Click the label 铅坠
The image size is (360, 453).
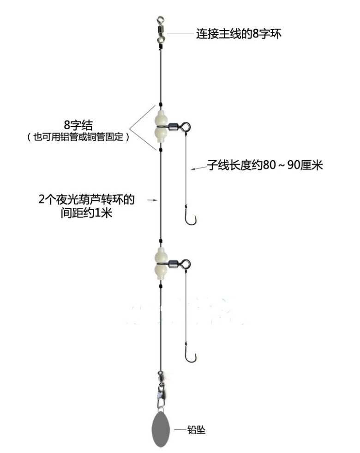(x=196, y=430)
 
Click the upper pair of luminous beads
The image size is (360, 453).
(x=161, y=126)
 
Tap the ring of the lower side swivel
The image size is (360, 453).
(x=185, y=264)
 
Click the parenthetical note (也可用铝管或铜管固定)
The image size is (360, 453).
(x=78, y=137)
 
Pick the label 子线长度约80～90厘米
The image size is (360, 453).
(x=264, y=165)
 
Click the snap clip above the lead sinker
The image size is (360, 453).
(x=160, y=394)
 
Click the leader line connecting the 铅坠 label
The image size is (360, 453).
(x=180, y=430)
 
